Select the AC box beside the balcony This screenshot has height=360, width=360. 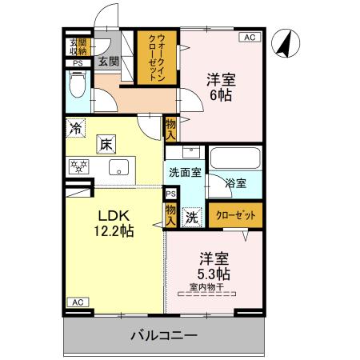[x=77, y=302]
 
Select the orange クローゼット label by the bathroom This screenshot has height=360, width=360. [x=236, y=215]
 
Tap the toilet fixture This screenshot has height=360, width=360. [x=78, y=86]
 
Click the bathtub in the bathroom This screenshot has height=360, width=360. [x=235, y=158]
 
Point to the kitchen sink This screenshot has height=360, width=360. [x=119, y=167]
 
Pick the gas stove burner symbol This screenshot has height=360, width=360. [x=79, y=166]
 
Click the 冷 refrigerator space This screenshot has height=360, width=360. [x=75, y=127]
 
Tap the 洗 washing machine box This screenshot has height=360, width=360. [x=192, y=215]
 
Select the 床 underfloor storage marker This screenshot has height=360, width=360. [x=106, y=145]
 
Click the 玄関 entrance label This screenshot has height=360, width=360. [x=108, y=60]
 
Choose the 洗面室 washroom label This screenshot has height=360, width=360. [x=183, y=172]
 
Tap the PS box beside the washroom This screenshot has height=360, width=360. [x=170, y=193]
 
